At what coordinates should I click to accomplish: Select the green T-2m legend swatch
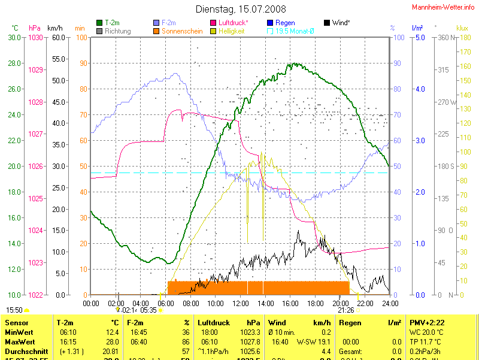tap(99, 23)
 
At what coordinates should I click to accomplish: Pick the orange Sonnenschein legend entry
tap(182, 31)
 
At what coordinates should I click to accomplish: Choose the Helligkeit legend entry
tap(231, 31)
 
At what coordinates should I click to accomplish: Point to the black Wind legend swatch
tap(327, 23)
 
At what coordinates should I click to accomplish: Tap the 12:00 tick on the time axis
tap(240, 303)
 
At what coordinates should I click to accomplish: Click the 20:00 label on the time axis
tap(340, 303)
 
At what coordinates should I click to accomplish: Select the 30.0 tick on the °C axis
tap(14, 38)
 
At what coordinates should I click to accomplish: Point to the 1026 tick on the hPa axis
tap(36, 167)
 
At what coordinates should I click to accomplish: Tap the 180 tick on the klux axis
tap(462, 38)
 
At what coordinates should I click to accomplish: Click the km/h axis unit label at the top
tap(54, 28)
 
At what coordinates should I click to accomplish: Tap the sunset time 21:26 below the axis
tap(345, 310)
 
